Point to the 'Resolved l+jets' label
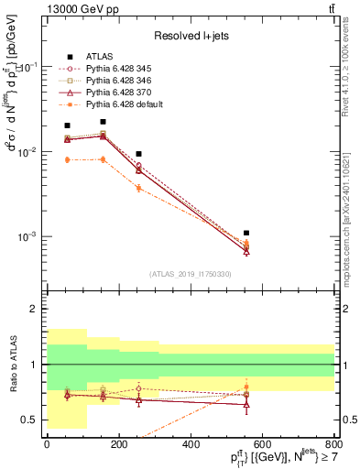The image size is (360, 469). (x=190, y=37)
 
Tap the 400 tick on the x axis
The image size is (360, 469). (x=190, y=444)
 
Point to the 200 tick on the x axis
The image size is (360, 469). (x=118, y=444)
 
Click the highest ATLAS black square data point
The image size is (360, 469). (x=103, y=122)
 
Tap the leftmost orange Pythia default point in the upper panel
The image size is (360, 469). (x=67, y=159)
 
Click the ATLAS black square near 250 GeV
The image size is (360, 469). (x=138, y=154)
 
